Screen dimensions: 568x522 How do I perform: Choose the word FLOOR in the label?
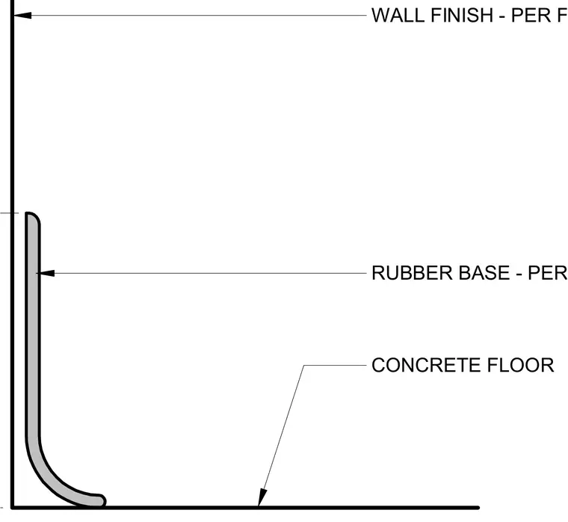point(521,365)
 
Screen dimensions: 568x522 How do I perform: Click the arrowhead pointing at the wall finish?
point(22,15)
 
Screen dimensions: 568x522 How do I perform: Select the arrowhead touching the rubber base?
point(46,273)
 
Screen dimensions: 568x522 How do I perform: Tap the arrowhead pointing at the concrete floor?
point(262,497)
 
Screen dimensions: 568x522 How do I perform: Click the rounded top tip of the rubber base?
point(32,217)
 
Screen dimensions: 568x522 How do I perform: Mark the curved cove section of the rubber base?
point(51,475)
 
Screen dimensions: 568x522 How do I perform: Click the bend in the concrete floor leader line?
point(304,365)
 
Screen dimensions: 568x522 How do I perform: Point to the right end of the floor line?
point(478,508)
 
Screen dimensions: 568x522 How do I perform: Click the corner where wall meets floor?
point(12,508)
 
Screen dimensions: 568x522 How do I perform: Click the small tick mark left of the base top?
point(9,213)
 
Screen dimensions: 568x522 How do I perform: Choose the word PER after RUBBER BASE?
point(548,273)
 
